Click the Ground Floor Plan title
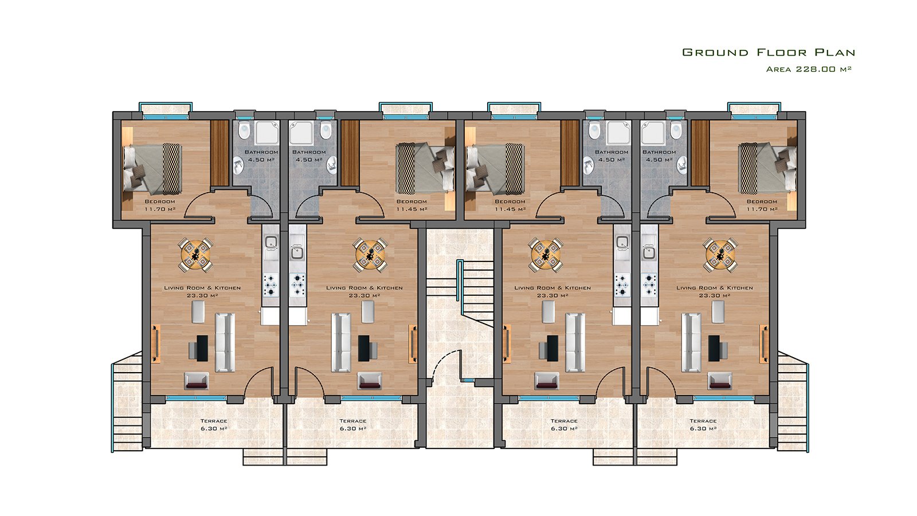(x=769, y=52)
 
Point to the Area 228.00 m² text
(x=809, y=69)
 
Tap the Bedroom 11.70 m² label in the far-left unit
(x=160, y=205)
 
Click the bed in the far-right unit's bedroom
(x=767, y=168)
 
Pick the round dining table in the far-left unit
(x=195, y=255)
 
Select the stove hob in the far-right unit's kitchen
(x=649, y=284)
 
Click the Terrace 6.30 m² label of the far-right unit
(x=703, y=425)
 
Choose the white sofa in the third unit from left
(x=575, y=342)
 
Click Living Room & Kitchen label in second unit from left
(x=365, y=291)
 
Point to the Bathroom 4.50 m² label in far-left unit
(x=261, y=155)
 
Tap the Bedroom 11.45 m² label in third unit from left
(x=510, y=205)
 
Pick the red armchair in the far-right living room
(x=720, y=380)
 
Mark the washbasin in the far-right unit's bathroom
(x=681, y=166)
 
